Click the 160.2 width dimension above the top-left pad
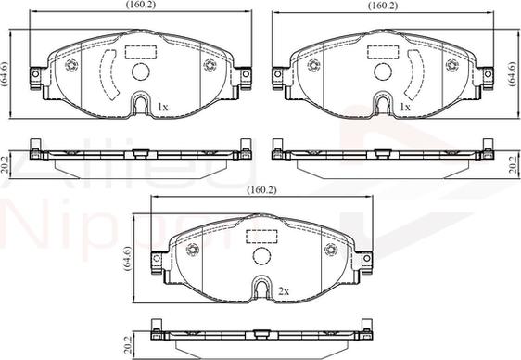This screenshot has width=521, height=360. (x=141, y=5)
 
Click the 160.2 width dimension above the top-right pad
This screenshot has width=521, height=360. (x=383, y=6)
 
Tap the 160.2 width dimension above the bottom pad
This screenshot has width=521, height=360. (x=261, y=190)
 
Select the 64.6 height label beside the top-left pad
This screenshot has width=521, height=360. (x=5, y=74)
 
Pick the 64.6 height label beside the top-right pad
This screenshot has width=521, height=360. (x=512, y=74)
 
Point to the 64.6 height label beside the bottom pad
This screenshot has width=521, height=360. (x=127, y=259)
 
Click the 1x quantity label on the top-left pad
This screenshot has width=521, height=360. (x=163, y=107)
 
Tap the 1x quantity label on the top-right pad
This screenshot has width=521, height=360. (x=405, y=107)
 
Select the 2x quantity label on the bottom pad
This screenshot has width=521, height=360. (x=284, y=291)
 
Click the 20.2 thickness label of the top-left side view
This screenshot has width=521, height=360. (x=5, y=165)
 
